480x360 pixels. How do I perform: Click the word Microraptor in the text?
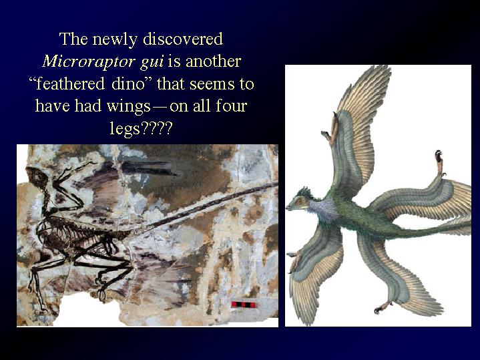point(89,61)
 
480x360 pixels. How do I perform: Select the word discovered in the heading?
point(183,39)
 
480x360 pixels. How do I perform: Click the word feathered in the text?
point(71,83)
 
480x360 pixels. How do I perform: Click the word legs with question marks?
point(141,129)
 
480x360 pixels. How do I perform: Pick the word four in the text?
point(232,106)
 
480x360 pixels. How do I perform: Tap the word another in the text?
point(213,61)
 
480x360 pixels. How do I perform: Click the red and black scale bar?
point(244,305)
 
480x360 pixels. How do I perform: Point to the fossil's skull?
point(37,176)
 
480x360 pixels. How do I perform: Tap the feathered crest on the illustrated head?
point(304,192)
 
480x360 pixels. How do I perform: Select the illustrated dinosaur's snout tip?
point(287,208)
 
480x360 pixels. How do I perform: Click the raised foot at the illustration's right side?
point(439,162)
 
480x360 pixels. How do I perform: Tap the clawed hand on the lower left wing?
point(294,260)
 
